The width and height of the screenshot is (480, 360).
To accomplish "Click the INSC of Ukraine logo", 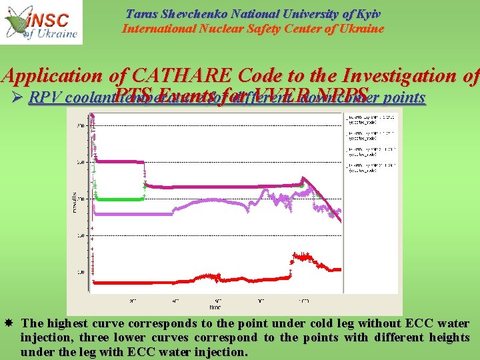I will tap(41, 22).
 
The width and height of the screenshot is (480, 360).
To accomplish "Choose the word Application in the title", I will tap(52, 77).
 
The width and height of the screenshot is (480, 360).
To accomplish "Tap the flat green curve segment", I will tap(120, 197).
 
